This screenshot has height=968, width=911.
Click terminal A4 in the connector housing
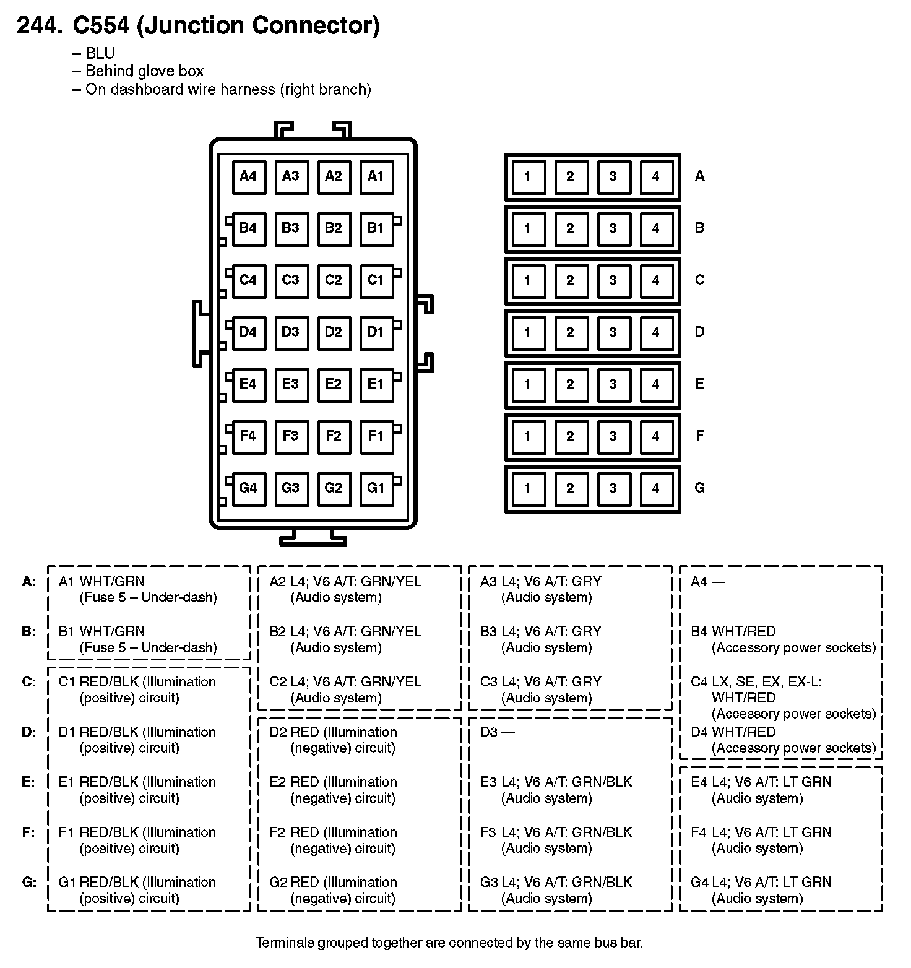248,176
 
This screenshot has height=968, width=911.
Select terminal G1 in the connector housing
376,488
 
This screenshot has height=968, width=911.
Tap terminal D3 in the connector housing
290,332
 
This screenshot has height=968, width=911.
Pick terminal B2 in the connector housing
333,228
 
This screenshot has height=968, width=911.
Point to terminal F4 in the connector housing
248,436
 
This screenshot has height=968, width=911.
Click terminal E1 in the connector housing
376,384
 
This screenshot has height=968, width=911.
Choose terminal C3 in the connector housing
290,280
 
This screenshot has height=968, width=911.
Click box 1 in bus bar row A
527,177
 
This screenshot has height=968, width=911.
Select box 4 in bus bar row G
655,489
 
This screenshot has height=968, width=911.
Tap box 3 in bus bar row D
613,333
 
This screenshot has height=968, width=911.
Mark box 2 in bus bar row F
570,437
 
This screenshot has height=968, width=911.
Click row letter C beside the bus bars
699,280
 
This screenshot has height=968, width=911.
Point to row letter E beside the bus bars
699,384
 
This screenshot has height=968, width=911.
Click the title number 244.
40,26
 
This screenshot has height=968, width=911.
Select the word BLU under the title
100,54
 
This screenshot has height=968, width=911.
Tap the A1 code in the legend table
67,582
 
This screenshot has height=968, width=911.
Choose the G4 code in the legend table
699,883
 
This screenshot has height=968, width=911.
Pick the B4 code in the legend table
699,632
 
